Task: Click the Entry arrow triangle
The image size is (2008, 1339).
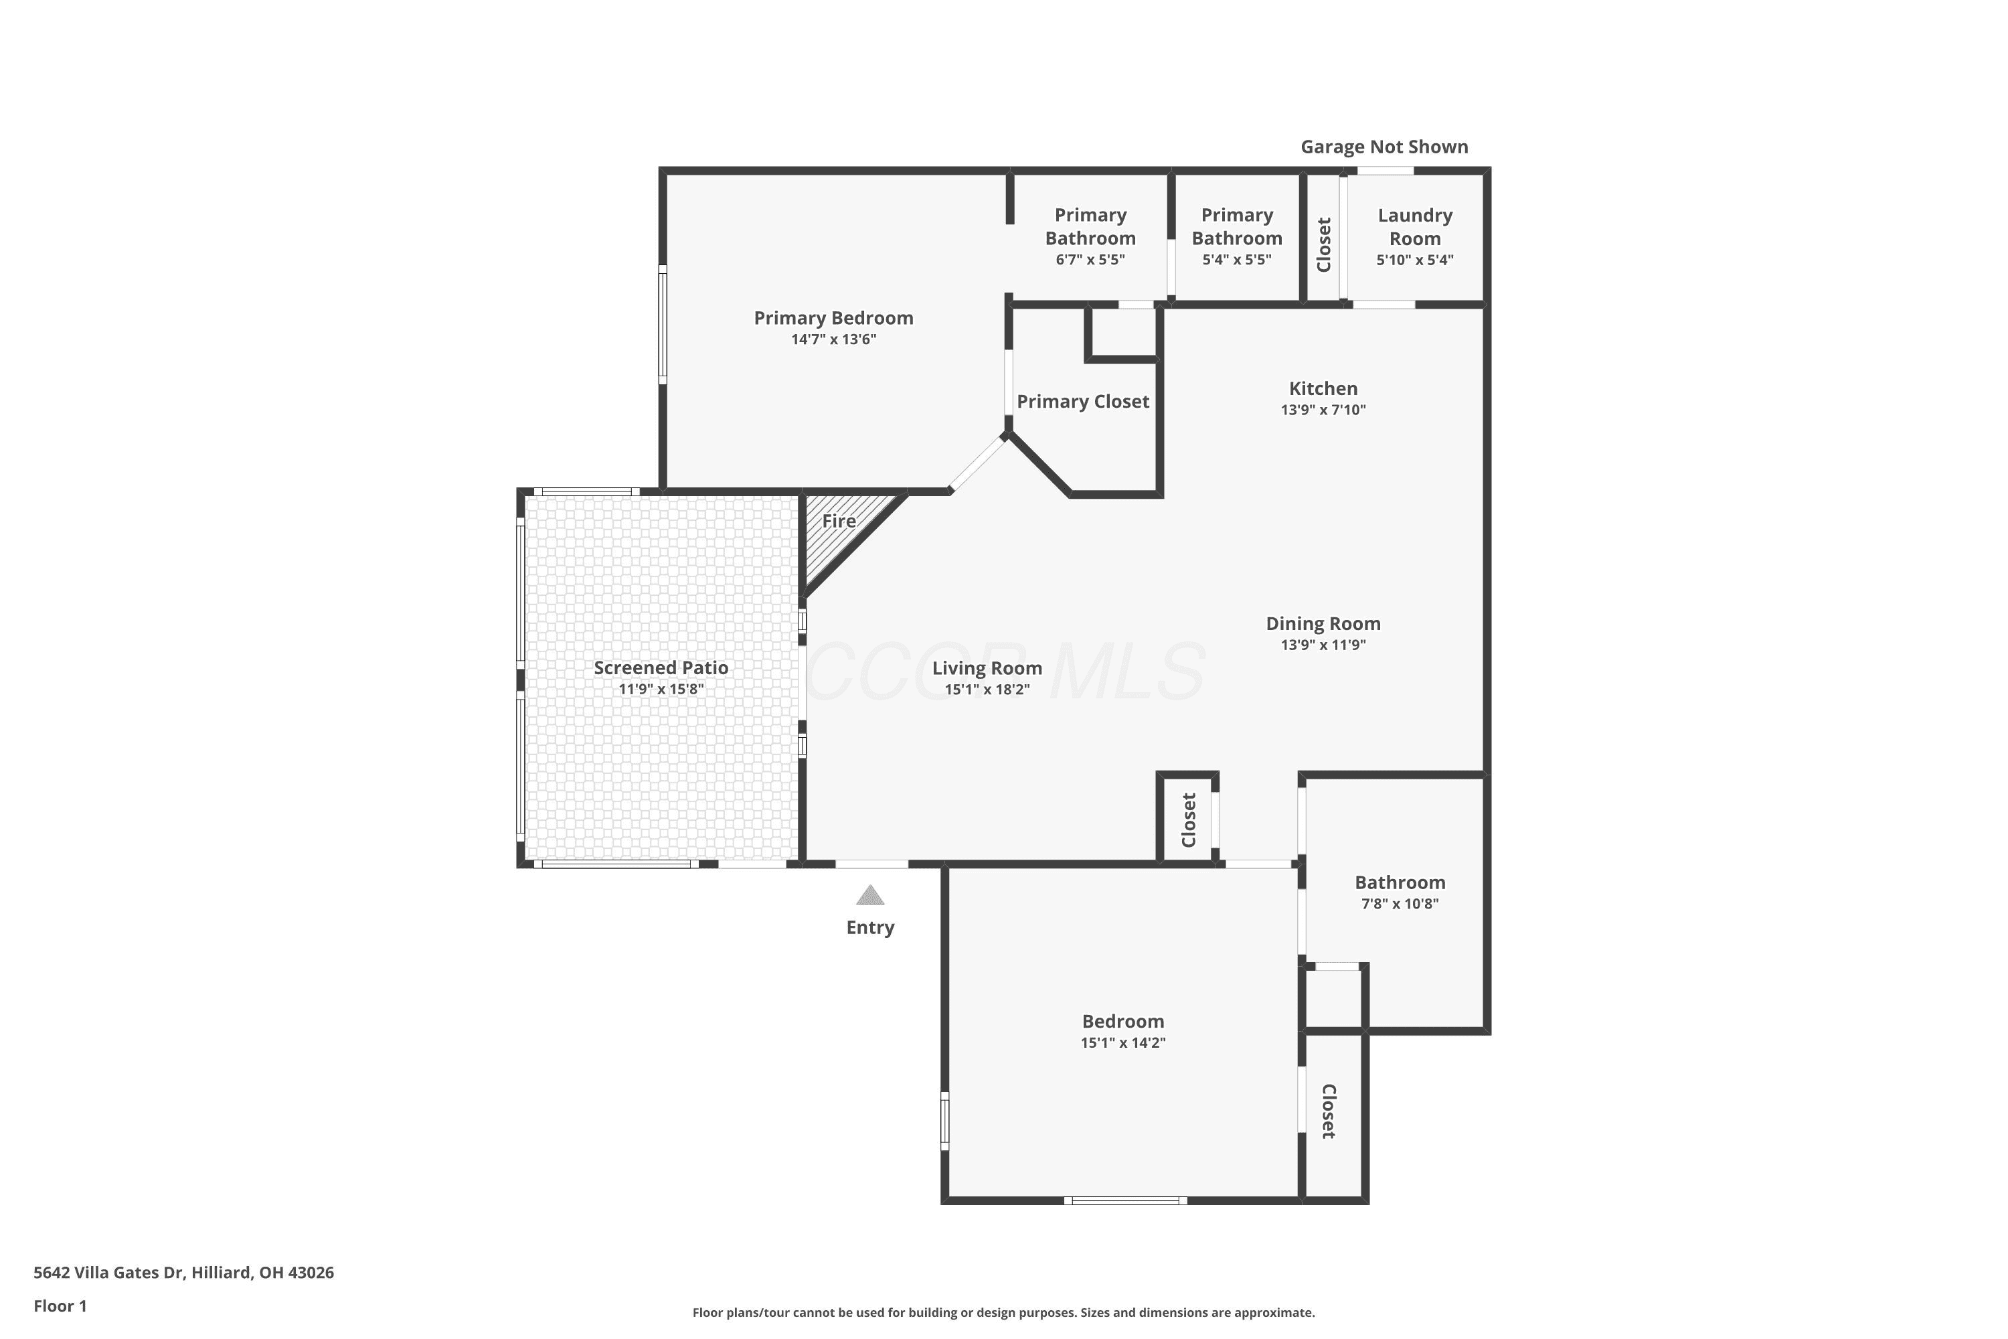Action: click(870, 895)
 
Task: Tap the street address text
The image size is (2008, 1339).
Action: click(183, 1273)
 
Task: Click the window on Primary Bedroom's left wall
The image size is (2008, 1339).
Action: click(663, 325)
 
